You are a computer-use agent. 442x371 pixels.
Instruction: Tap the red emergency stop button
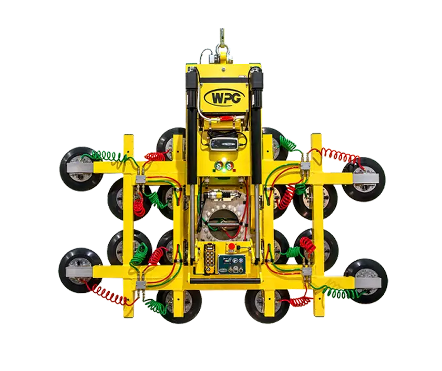pyautogui.click(x=232, y=248)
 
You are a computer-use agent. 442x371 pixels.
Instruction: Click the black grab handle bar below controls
pyautogui.click(x=223, y=282)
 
